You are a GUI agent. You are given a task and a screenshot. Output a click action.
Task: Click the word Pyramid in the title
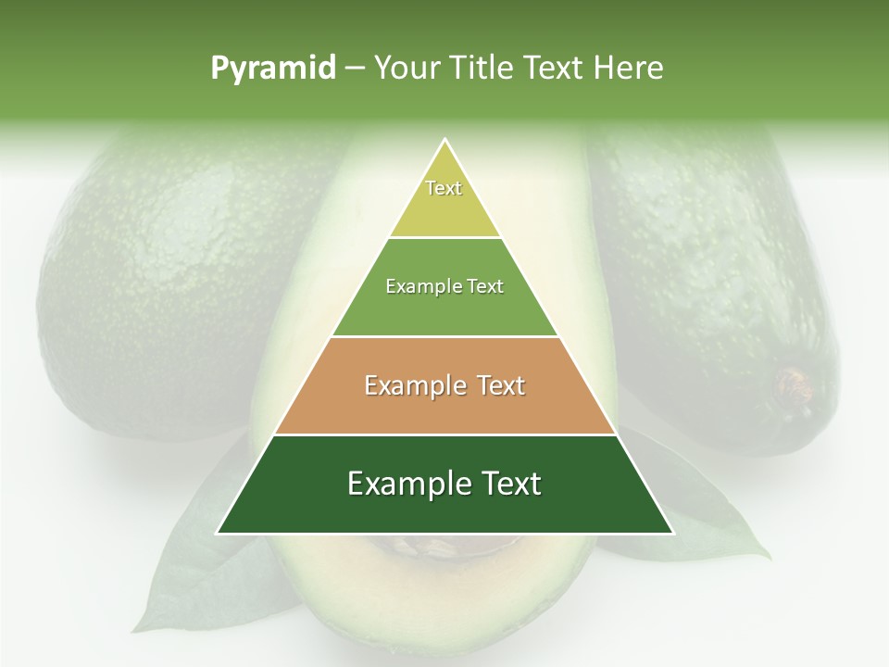pos(272,69)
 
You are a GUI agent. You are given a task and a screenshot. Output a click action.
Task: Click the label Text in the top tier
pos(444,188)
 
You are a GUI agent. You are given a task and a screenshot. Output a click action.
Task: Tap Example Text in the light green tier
pos(444,286)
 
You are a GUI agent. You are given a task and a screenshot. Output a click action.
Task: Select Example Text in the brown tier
pos(444,385)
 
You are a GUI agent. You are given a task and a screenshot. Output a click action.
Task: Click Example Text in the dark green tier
pos(444,484)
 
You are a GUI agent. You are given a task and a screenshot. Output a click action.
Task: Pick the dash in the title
pos(355,69)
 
